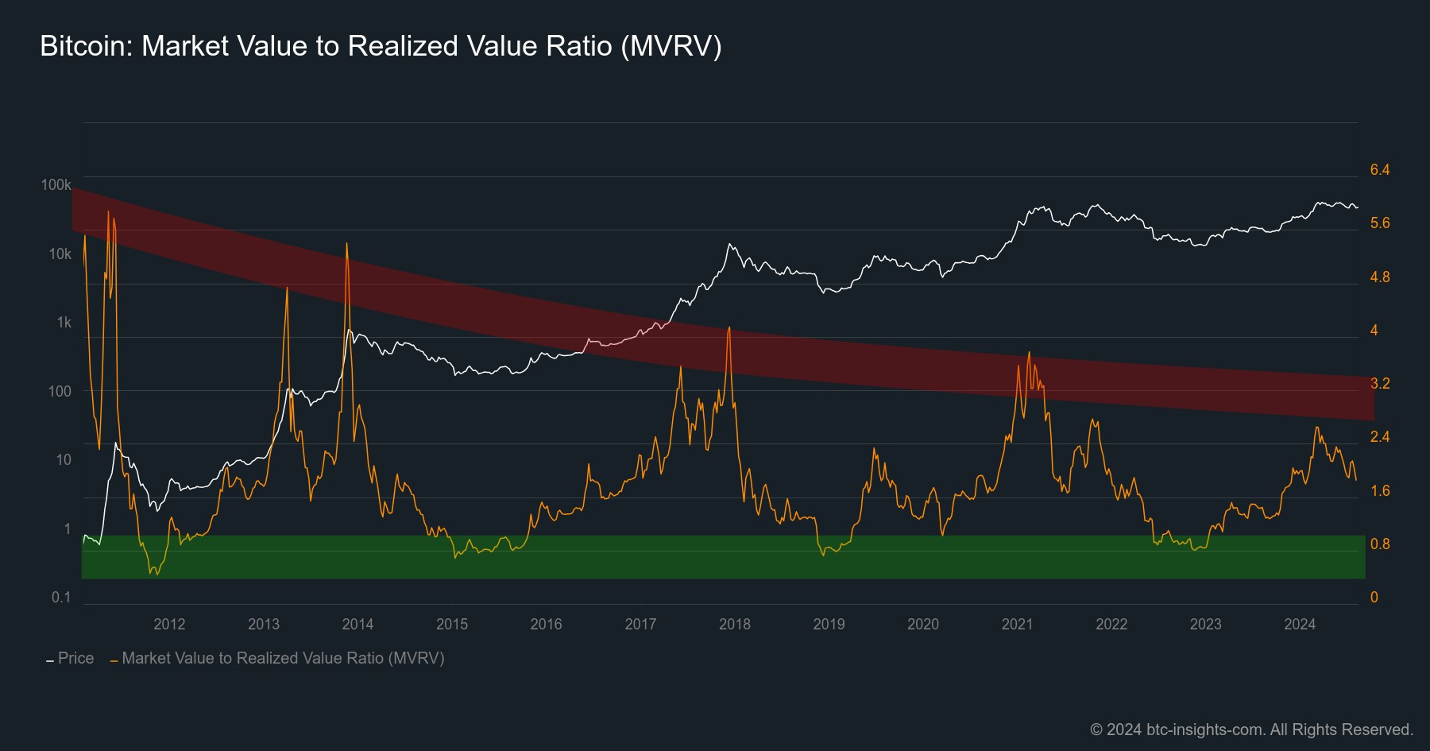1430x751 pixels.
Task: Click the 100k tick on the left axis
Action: pos(56,185)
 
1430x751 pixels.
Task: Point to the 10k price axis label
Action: pos(60,254)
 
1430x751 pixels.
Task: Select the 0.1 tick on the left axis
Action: pos(61,598)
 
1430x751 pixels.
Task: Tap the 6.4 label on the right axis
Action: pos(1380,170)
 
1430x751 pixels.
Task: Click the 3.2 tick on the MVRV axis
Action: pos(1380,384)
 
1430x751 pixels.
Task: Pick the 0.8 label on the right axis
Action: pos(1380,544)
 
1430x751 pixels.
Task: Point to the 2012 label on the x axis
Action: pos(169,625)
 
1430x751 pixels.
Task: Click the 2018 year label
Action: pos(734,625)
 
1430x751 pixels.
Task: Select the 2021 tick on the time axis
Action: pos(1017,625)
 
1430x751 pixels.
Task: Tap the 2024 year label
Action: pos(1300,625)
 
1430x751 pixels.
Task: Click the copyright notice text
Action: pos(1251,730)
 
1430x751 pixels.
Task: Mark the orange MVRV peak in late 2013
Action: pos(346,245)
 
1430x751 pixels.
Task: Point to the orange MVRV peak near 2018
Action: pos(729,327)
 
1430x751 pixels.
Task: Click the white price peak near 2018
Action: pos(729,245)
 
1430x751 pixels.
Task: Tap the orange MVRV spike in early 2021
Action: pos(1029,353)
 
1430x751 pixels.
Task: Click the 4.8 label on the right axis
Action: pos(1380,277)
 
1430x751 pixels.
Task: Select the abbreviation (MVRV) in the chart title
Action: pos(671,46)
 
